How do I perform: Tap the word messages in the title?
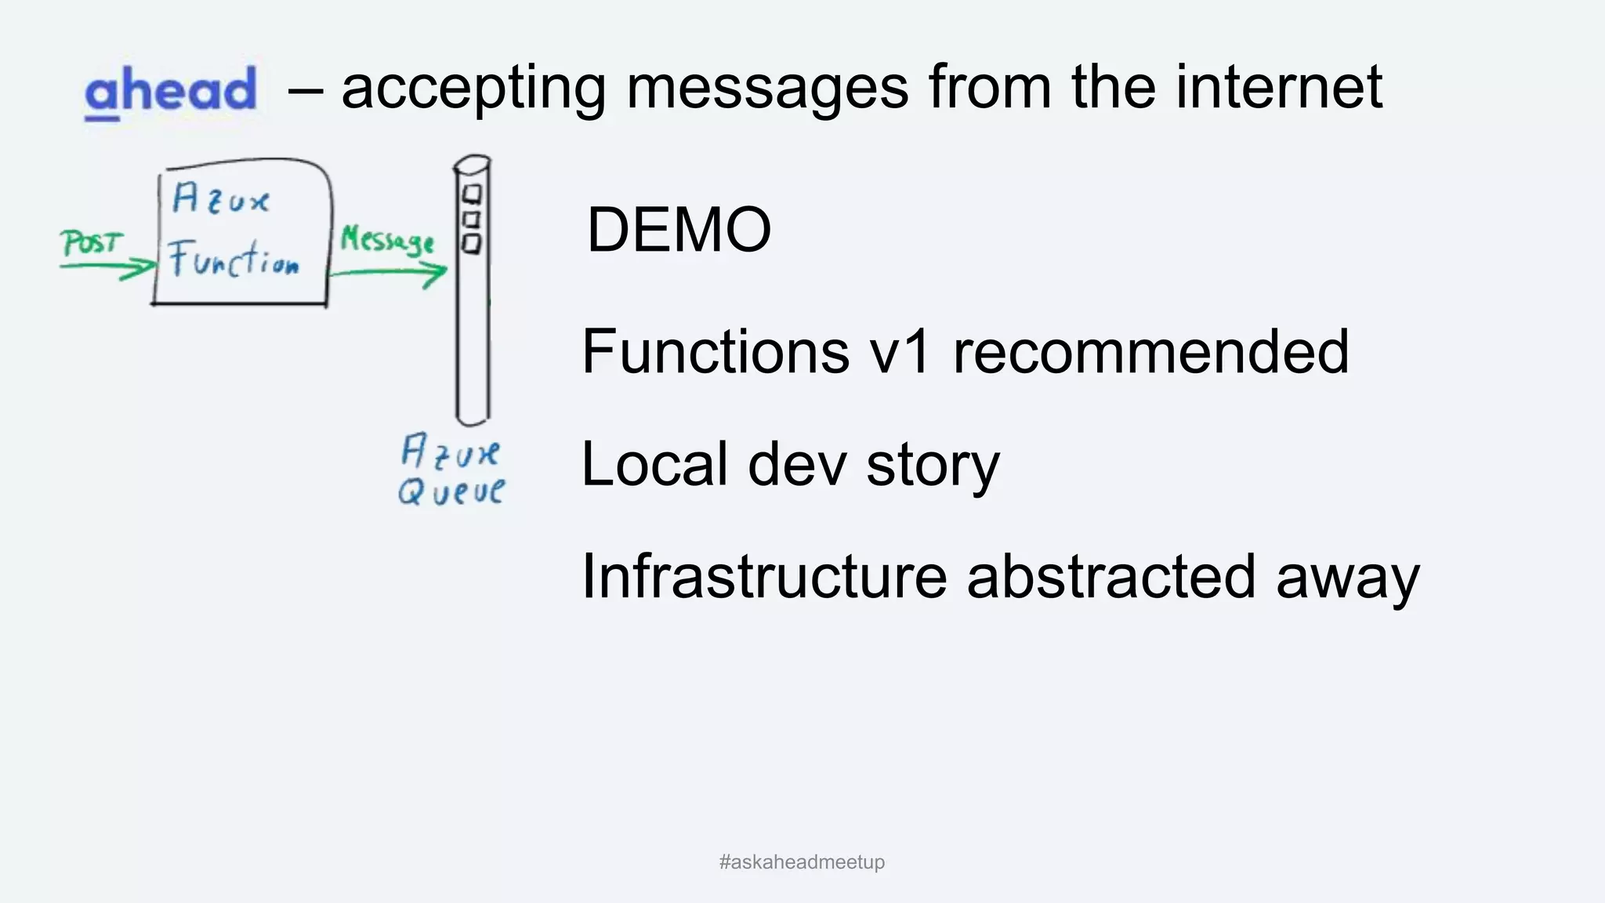click(767, 88)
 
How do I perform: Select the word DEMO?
click(679, 230)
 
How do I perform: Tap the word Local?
click(654, 464)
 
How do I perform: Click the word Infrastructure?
click(764, 576)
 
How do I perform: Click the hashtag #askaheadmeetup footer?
click(802, 862)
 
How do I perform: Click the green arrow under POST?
click(108, 268)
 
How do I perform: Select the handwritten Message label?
click(386, 239)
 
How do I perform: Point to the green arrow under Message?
click(388, 274)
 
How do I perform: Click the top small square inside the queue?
click(473, 193)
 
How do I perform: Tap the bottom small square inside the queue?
click(471, 244)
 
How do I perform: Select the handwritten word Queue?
click(451, 491)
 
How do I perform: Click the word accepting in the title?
click(473, 89)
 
